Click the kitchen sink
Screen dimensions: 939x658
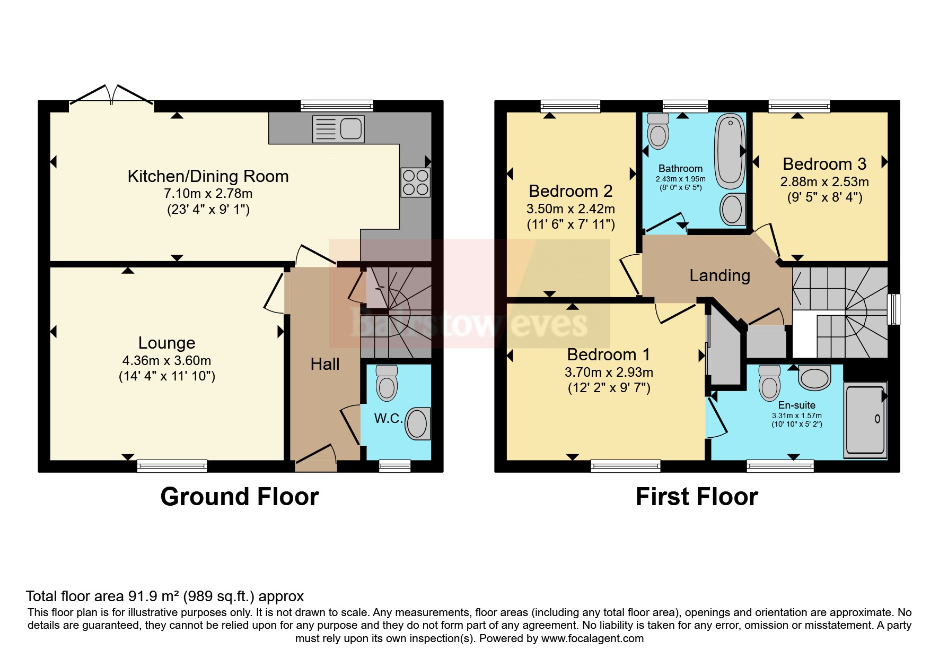point(338,129)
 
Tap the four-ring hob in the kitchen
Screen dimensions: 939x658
point(416,182)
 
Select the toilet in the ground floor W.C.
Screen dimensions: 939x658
point(387,383)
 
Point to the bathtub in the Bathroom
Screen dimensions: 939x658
point(731,152)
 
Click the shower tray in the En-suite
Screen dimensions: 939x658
point(865,419)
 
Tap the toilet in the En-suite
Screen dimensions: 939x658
point(769,383)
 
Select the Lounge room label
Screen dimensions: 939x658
point(167,343)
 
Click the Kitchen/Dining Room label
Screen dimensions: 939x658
point(208,176)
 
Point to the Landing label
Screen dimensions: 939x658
point(719,275)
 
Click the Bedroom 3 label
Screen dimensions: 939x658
point(824,164)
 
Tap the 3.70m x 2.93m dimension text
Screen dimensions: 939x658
point(609,372)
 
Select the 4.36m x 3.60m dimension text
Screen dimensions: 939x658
point(166,361)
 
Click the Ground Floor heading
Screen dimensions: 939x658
point(240,497)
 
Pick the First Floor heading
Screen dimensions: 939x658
point(697,497)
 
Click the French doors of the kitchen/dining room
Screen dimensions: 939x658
point(112,97)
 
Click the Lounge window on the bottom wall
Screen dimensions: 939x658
point(172,466)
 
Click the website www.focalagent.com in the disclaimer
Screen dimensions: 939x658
point(592,638)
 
